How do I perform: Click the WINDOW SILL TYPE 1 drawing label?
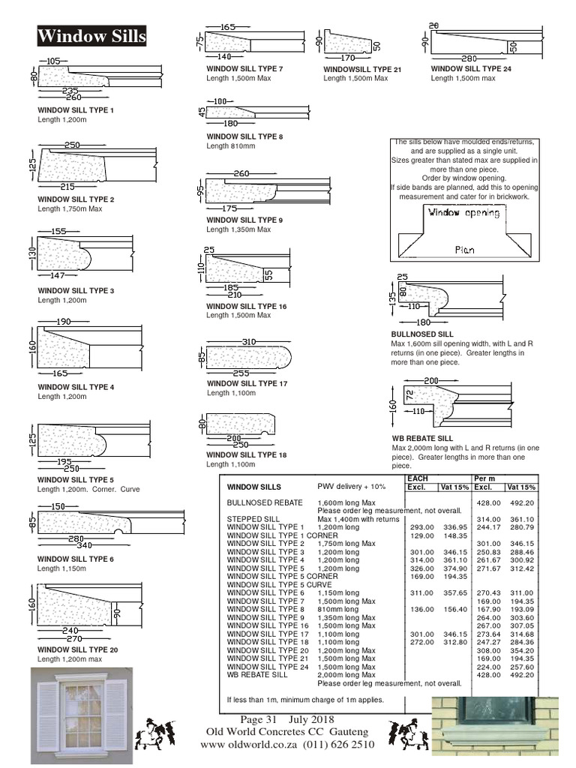(76, 109)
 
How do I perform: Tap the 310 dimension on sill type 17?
(250, 342)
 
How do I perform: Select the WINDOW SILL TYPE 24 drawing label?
(470, 68)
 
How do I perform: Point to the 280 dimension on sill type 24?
(469, 58)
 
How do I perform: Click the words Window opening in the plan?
(463, 212)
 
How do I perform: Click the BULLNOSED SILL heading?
(421, 334)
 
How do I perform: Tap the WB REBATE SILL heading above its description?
(422, 438)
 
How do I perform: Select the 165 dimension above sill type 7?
(229, 27)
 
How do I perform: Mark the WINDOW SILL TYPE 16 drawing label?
(247, 307)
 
